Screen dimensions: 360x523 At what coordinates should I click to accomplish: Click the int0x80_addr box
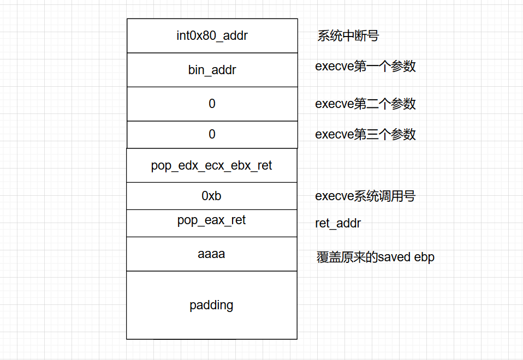212,36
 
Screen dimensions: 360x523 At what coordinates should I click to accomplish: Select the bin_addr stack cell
212,70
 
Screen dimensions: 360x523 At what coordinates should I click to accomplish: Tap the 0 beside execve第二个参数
212,104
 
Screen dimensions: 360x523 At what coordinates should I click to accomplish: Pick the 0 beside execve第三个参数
212,134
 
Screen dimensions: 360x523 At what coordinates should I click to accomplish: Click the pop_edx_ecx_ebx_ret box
212,165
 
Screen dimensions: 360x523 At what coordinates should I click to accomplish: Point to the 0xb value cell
212,196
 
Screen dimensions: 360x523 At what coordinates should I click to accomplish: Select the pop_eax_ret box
212,220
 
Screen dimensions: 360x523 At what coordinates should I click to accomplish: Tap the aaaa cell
212,254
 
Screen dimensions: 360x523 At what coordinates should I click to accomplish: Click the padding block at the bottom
212,305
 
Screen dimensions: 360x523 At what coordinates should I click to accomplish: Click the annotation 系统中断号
348,37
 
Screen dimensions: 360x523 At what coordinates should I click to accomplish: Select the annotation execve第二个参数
365,104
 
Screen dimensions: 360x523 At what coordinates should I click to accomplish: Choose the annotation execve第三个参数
365,134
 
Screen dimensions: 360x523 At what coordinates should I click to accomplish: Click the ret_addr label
338,224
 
